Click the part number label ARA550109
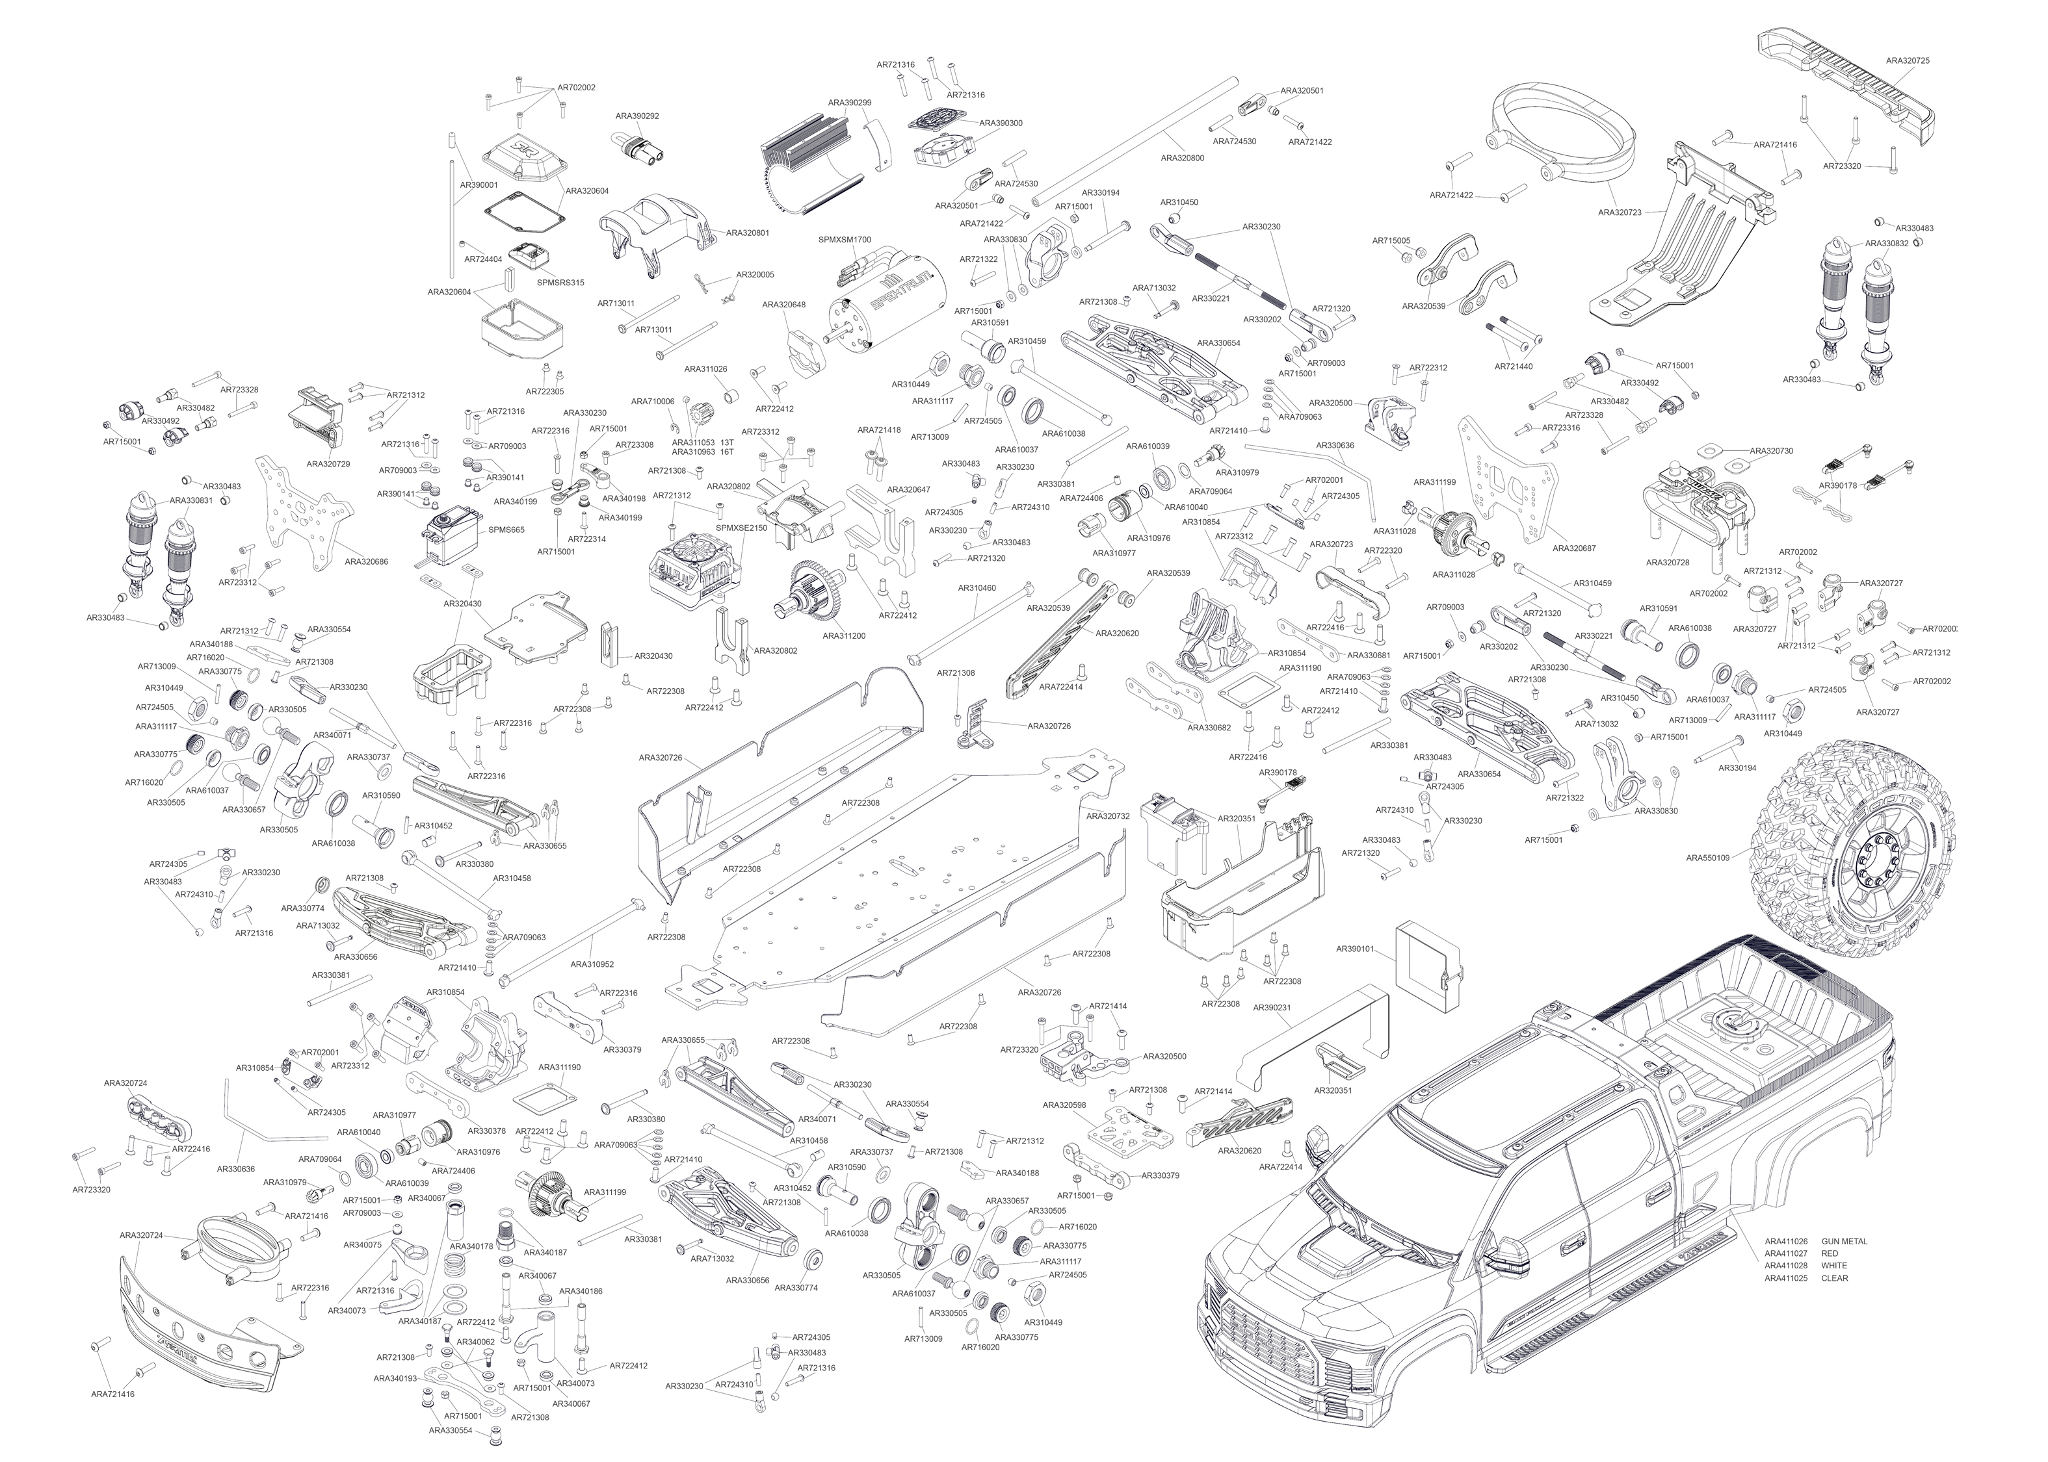(x=1707, y=858)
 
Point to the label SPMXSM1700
(x=844, y=240)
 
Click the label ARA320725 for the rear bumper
(x=1908, y=60)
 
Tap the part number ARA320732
(x=1108, y=817)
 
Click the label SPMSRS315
(x=560, y=283)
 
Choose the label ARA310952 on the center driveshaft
(x=592, y=964)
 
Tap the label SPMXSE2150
(x=741, y=528)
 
